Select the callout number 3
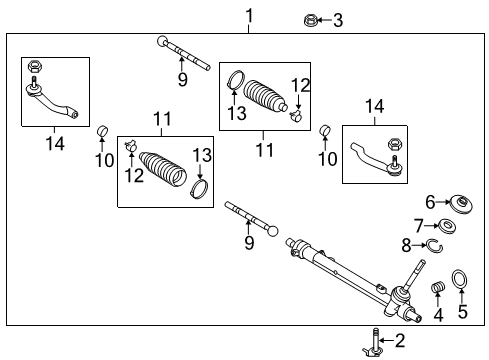click(x=338, y=19)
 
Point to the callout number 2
click(x=400, y=341)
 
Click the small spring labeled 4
click(x=437, y=290)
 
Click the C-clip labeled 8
click(x=435, y=244)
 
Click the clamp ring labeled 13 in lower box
click(x=199, y=188)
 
